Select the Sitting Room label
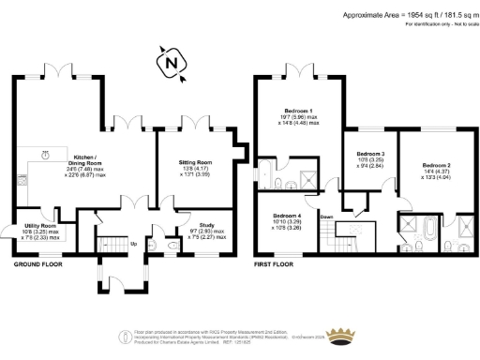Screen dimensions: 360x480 195,162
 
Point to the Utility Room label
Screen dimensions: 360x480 38,226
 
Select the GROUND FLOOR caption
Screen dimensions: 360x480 38,265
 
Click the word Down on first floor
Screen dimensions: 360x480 327,217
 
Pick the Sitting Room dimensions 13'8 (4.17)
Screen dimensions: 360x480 195,169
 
